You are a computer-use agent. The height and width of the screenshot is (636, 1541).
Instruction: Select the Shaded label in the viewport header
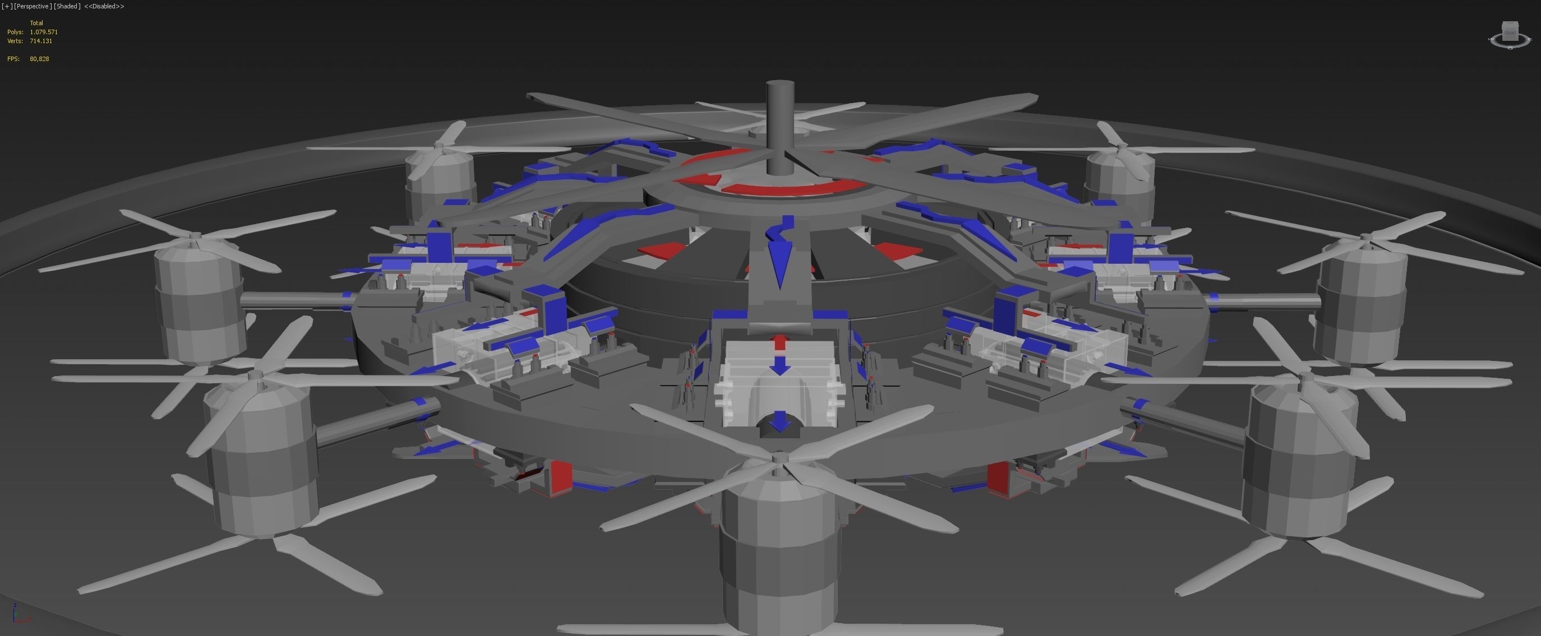(66, 6)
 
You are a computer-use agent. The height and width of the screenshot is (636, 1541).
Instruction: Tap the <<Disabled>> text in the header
(104, 6)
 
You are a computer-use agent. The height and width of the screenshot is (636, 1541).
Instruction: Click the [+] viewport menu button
(7, 6)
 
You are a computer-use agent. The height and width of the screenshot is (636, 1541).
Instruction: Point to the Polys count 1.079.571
(44, 32)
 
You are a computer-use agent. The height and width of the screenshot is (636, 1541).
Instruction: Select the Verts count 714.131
(41, 41)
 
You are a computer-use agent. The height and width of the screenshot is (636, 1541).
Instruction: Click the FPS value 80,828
(39, 59)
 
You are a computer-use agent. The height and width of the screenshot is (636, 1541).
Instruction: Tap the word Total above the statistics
(36, 23)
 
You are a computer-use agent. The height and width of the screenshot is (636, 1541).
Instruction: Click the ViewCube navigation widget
(1511, 35)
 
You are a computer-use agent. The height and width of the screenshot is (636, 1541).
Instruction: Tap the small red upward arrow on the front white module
(779, 342)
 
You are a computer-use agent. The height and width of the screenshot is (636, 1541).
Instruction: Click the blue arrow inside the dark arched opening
(779, 421)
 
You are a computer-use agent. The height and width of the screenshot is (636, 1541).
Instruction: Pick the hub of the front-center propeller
(778, 459)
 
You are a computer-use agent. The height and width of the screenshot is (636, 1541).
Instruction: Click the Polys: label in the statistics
(15, 32)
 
